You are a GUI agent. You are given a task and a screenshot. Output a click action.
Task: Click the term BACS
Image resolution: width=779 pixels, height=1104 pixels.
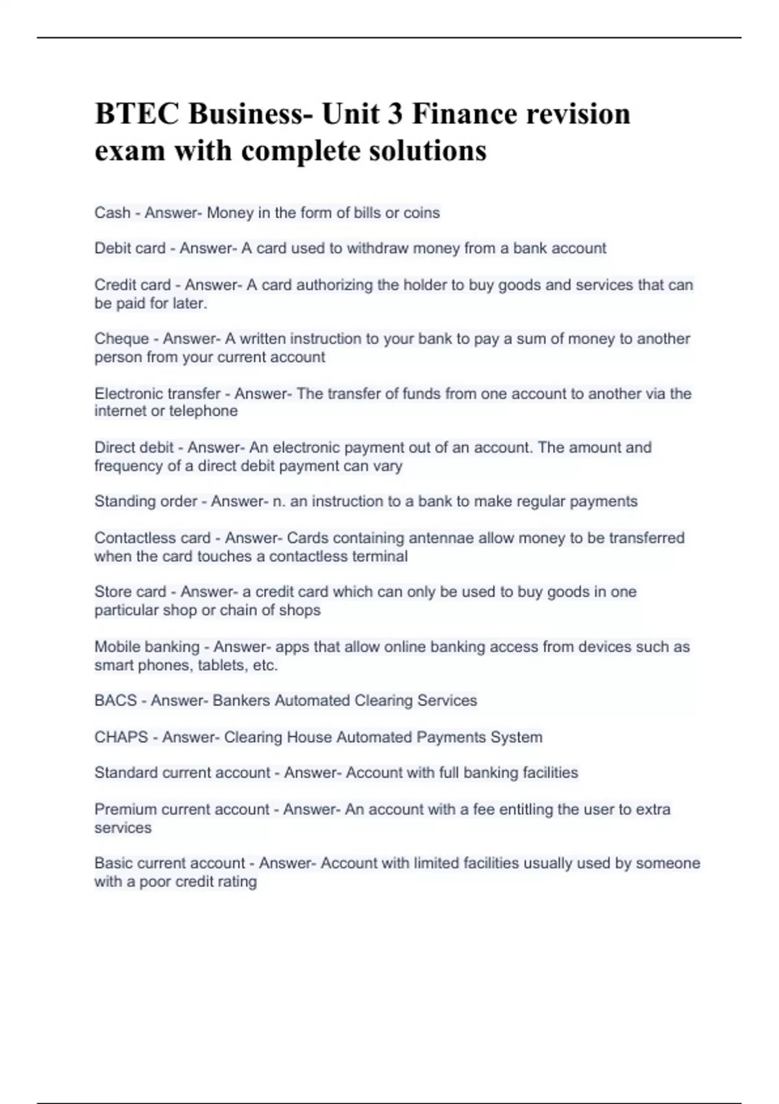(x=116, y=701)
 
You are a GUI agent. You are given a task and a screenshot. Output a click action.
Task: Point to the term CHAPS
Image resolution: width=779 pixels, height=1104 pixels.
(x=121, y=737)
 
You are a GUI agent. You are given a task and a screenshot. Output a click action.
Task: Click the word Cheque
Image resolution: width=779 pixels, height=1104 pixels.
(x=121, y=338)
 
